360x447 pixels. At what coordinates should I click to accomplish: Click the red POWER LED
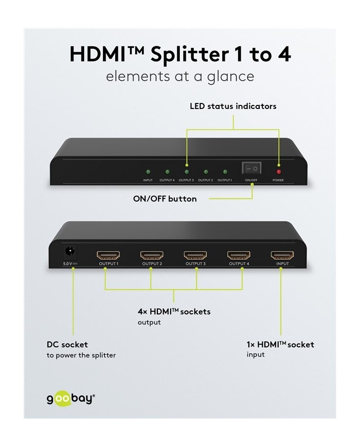point(278,172)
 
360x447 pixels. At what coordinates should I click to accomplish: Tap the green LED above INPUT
point(148,172)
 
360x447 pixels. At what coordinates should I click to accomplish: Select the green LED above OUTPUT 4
point(167,172)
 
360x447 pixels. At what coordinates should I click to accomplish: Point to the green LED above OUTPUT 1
point(225,172)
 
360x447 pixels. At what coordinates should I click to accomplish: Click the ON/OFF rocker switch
point(251,168)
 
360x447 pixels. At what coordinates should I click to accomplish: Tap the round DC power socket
point(69,251)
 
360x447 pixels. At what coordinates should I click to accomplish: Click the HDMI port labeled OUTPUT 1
point(109,255)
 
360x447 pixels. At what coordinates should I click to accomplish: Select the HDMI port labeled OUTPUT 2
point(152,255)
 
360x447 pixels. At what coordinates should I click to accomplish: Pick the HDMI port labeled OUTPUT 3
point(195,255)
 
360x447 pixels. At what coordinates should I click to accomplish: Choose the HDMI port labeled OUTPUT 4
point(239,255)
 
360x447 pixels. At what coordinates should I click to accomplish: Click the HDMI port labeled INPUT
point(282,255)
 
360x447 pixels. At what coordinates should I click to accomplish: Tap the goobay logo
point(70,399)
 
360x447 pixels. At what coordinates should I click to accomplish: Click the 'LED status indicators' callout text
point(233,106)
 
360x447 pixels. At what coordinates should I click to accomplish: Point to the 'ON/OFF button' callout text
point(165,199)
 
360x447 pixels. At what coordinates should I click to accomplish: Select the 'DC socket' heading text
point(67,344)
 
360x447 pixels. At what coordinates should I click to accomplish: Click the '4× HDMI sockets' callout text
point(174,311)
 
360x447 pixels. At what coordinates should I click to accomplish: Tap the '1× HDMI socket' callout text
point(280,344)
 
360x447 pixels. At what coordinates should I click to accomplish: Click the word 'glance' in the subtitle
point(230,77)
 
